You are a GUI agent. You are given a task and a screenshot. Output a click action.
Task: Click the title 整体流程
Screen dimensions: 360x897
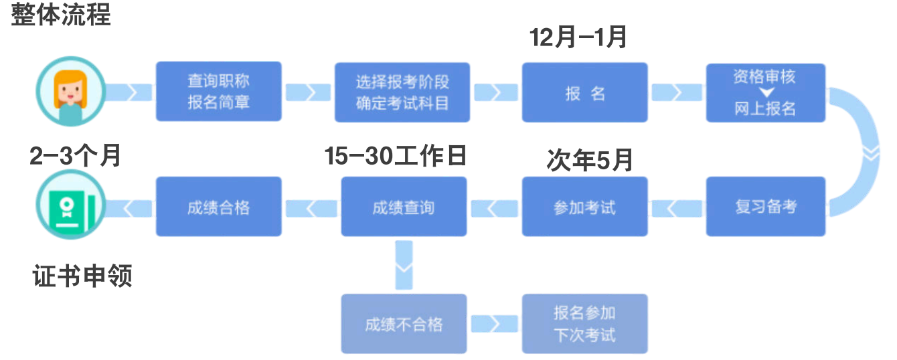[61, 14]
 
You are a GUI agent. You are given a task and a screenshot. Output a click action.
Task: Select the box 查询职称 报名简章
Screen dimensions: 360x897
[218, 92]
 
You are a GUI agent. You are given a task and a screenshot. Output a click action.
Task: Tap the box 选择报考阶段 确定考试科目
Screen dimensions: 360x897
[402, 92]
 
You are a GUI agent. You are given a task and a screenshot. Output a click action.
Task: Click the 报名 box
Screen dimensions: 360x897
[584, 92]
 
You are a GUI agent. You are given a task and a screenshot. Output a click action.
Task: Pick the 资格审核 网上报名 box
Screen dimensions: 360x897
[765, 92]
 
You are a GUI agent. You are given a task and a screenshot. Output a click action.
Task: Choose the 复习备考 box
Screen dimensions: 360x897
[765, 207]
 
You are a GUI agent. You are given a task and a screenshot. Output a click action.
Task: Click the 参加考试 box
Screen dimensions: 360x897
[584, 207]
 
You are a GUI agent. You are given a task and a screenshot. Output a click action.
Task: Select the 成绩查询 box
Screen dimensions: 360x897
[403, 207]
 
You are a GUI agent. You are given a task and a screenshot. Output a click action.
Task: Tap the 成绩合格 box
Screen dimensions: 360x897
[218, 207]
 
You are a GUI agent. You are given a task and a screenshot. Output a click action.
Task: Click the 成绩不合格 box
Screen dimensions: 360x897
[403, 324]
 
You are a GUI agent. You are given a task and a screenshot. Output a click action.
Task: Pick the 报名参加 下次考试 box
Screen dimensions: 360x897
[584, 324]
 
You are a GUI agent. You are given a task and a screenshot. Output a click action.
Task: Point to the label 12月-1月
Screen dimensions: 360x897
[578, 37]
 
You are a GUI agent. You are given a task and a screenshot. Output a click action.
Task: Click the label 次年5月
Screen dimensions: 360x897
[589, 161]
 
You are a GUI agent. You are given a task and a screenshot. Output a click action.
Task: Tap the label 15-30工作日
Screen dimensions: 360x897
[395, 156]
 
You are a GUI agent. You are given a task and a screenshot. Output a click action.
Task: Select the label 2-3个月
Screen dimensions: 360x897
[75, 156]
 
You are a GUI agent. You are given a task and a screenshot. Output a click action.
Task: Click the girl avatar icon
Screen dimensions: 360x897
[71, 92]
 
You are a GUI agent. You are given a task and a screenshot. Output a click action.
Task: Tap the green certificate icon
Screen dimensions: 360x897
[71, 207]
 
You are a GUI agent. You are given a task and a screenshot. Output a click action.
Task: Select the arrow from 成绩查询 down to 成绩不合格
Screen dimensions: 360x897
[404, 265]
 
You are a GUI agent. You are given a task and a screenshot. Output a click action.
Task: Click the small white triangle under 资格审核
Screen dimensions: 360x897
[765, 92]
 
